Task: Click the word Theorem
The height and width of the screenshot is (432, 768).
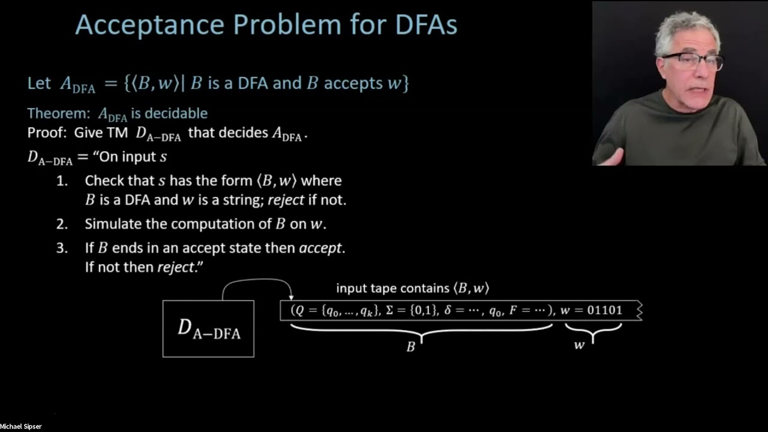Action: pyautogui.click(x=55, y=113)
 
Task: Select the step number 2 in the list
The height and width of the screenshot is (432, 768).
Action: pyautogui.click(x=62, y=224)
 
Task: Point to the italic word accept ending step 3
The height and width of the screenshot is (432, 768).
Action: pyautogui.click(x=320, y=248)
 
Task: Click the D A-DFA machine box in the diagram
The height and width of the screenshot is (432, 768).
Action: pyautogui.click(x=208, y=329)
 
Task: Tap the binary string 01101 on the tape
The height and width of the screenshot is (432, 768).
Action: pyautogui.click(x=604, y=310)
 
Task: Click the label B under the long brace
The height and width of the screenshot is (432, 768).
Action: pyautogui.click(x=411, y=347)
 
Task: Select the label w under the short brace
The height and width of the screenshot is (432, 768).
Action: pyautogui.click(x=579, y=345)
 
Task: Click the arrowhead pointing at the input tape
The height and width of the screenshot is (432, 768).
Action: pyautogui.click(x=291, y=296)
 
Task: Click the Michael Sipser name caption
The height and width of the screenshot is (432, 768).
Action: pyautogui.click(x=21, y=427)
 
